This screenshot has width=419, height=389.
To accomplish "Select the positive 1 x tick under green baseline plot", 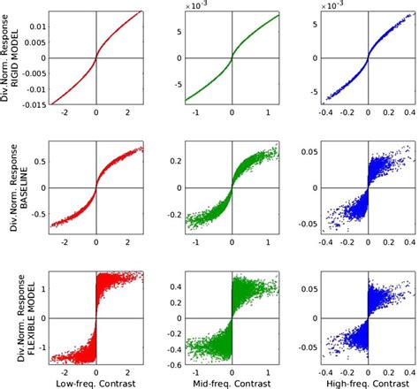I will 267,240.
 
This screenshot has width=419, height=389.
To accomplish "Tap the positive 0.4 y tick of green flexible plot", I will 174,286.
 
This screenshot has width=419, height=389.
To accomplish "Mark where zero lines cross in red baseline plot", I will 96,189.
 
